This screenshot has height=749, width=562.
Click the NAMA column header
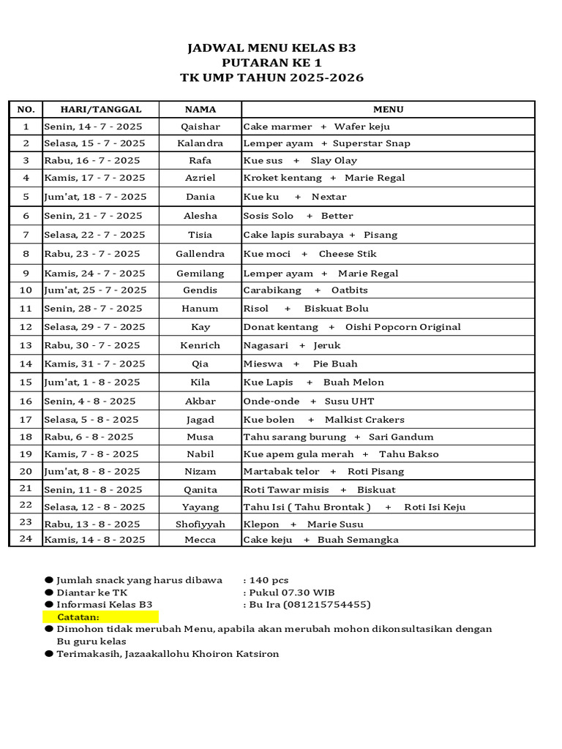click(x=201, y=110)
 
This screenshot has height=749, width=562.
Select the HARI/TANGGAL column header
click(x=101, y=110)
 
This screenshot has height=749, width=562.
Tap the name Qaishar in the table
click(x=201, y=127)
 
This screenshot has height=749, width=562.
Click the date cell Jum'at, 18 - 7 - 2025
click(x=95, y=197)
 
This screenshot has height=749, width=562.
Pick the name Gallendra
click(x=201, y=254)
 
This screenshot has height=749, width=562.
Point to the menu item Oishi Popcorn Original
click(x=403, y=327)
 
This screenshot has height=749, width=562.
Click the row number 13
click(x=26, y=345)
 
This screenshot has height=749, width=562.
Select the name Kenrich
click(x=201, y=345)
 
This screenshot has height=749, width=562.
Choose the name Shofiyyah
click(x=201, y=524)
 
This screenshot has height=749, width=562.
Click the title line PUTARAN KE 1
click(x=271, y=63)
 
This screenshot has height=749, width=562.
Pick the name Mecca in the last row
click(x=201, y=540)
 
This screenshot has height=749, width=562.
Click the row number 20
click(x=26, y=471)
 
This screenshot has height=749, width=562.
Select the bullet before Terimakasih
click(x=49, y=653)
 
